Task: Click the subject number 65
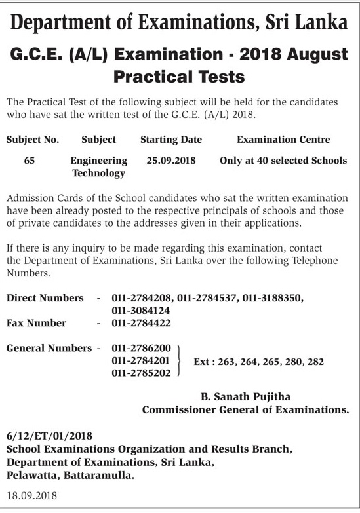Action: click(x=30, y=161)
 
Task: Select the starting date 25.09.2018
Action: click(x=171, y=161)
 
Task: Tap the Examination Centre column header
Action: click(x=283, y=140)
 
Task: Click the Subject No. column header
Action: click(x=33, y=140)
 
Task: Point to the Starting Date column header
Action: click(x=171, y=140)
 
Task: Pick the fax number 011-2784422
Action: click(x=142, y=323)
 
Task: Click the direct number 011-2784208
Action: click(x=142, y=298)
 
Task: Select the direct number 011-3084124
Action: click(x=142, y=310)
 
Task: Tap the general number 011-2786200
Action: click(x=142, y=348)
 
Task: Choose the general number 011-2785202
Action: click(x=142, y=373)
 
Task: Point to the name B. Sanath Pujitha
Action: click(x=245, y=396)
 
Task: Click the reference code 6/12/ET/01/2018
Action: click(x=49, y=436)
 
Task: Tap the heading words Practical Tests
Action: click(x=179, y=77)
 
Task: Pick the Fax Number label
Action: click(x=36, y=323)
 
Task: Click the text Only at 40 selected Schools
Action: click(x=283, y=161)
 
